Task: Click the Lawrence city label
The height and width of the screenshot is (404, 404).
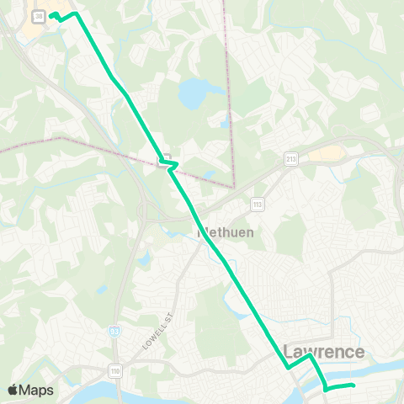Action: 323,352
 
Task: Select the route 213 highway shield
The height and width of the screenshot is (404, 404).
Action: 291,157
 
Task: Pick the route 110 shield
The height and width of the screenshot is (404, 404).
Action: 115,369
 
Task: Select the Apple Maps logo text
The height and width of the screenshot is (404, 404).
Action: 37,390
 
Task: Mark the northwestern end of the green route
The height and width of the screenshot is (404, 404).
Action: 51,15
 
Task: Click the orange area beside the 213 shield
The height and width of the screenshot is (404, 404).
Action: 329,153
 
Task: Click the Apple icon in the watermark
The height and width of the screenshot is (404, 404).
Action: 13,389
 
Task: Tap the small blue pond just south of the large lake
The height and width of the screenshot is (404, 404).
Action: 223,124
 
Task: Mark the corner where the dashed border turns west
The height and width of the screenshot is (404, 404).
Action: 232,185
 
